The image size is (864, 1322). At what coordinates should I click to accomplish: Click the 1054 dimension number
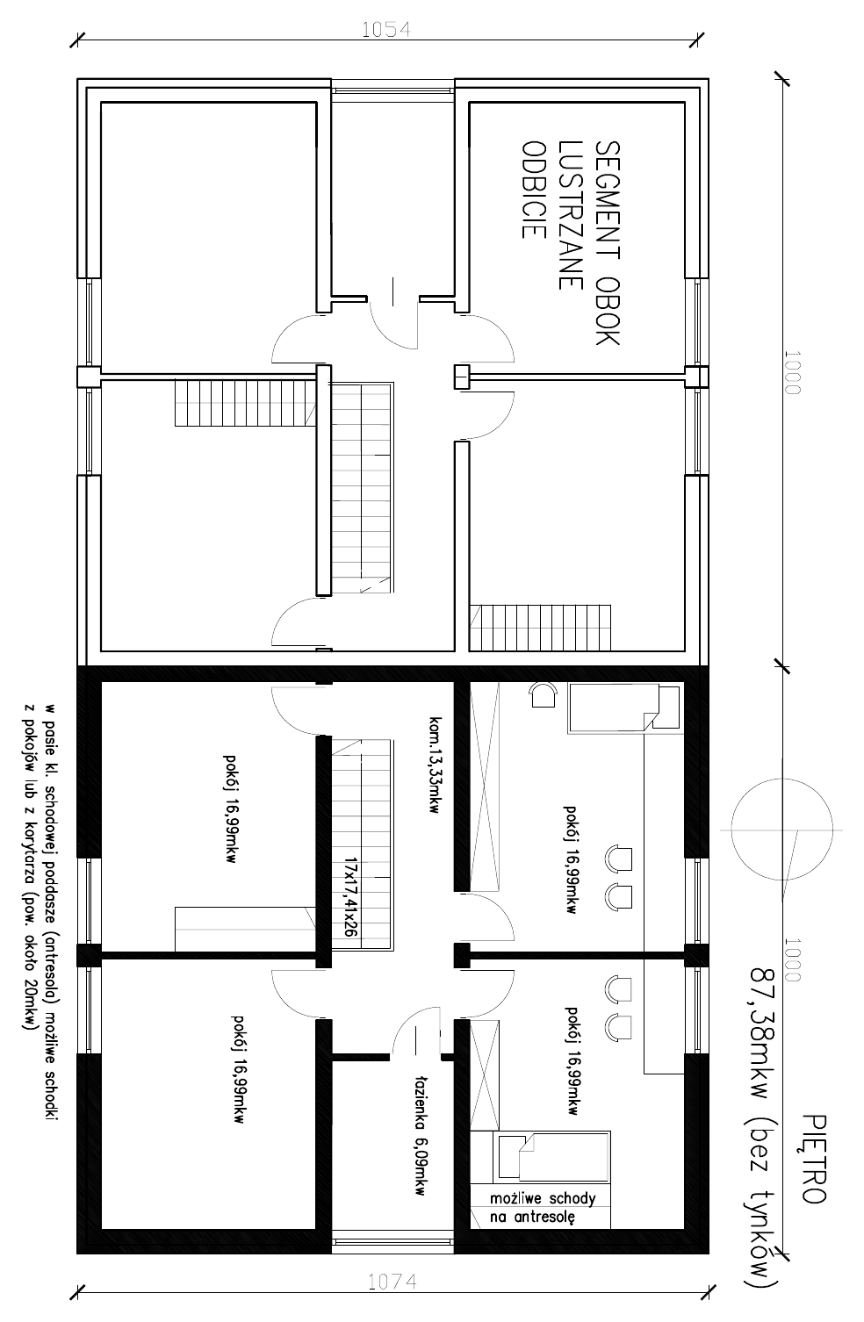[x=386, y=30]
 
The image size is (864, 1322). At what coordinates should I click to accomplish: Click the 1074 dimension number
[x=392, y=1282]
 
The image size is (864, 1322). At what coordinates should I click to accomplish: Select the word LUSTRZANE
[x=570, y=215]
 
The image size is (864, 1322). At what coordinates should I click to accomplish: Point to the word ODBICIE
[x=533, y=190]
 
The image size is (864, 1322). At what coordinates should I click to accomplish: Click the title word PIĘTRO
[x=814, y=1159]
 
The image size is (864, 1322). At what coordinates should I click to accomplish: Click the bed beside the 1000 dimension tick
[x=623, y=708]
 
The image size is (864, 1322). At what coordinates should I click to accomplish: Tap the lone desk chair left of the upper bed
[x=543, y=694]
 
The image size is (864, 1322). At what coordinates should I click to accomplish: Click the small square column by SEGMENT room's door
[x=462, y=377]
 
